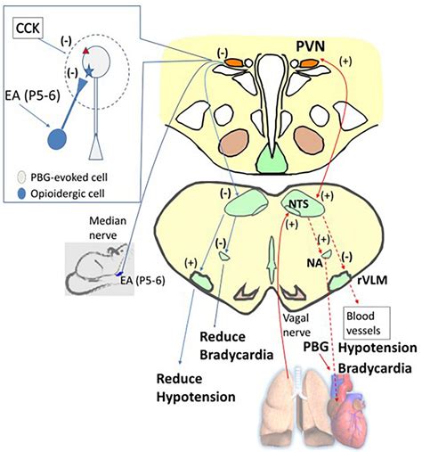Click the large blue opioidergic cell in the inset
click(56, 141)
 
